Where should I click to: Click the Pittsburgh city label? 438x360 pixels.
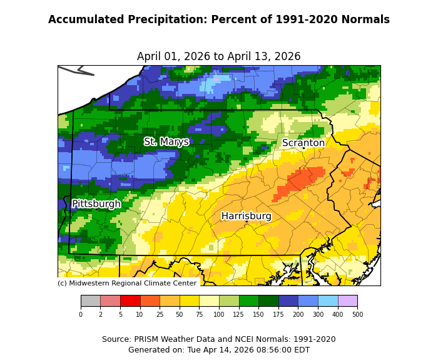pos(96,204)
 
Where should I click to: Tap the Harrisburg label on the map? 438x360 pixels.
pos(247,216)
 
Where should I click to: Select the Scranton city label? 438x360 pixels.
pos(303,143)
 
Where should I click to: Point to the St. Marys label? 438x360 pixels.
pos(166,142)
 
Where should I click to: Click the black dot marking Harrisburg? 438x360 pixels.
pos(247,221)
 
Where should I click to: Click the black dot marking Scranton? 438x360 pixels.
pos(303,148)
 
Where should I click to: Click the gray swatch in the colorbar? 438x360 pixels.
pos(91,301)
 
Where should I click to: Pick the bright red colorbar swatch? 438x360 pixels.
pos(130,301)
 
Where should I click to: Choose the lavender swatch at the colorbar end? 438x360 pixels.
pos(347,301)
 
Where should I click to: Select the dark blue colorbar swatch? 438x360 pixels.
pos(288,301)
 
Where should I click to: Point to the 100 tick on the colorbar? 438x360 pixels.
pos(219,314)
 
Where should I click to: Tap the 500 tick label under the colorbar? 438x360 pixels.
pos(357,314)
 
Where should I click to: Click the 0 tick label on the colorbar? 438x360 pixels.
pos(81,314)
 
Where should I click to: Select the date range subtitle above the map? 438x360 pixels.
pos(219,56)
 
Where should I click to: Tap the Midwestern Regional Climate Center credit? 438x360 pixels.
pos(127,283)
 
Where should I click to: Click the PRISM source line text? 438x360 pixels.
pos(219,339)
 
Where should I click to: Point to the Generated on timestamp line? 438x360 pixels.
pos(219,350)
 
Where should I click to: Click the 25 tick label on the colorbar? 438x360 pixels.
pos(160,314)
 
